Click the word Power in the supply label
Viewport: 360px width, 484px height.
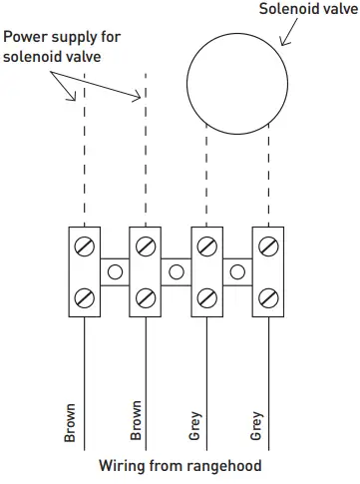pos(25,36)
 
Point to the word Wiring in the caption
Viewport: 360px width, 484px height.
pos(124,466)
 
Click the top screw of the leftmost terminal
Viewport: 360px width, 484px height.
pos(85,244)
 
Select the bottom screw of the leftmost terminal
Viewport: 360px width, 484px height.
pos(85,296)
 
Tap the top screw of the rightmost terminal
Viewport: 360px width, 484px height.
pos(268,244)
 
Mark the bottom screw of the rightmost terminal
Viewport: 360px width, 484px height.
pos(268,296)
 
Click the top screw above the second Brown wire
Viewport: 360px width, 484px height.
pos(146,244)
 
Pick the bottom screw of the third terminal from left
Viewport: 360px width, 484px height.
pos(207,296)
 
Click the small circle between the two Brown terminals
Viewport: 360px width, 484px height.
pos(116,270)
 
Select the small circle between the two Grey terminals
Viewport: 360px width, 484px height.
pos(238,270)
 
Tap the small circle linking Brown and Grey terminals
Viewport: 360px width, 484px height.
pos(177,270)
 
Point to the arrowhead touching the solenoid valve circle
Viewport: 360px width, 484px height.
pos(284,44)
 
